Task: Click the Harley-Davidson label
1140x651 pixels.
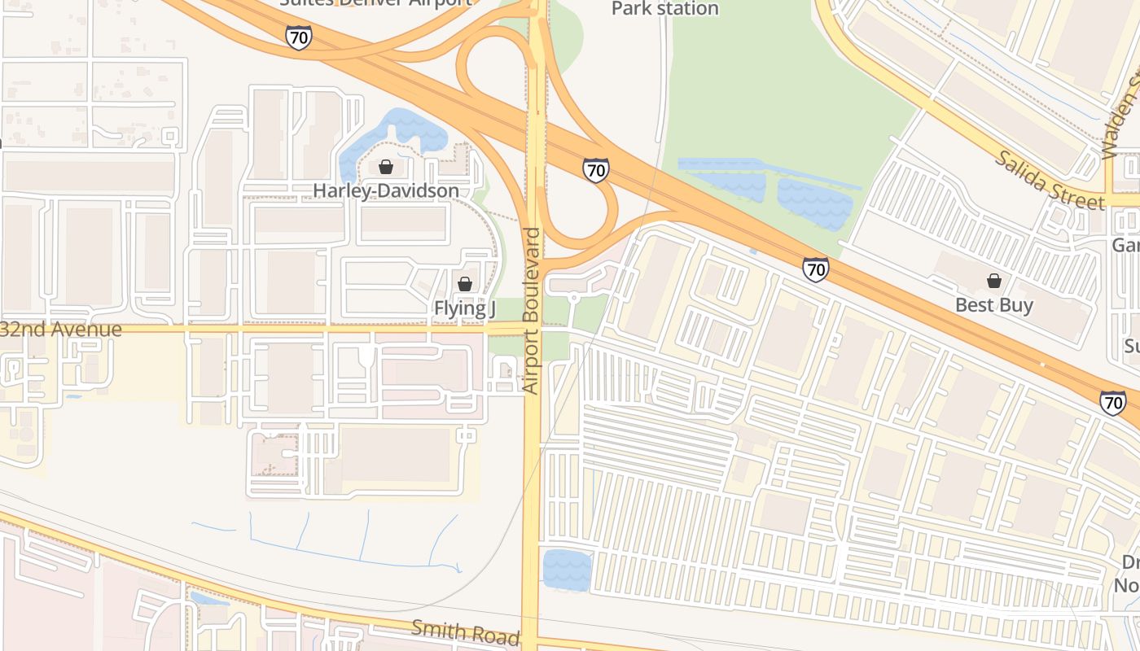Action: pos(386,190)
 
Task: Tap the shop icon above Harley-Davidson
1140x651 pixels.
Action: pos(386,167)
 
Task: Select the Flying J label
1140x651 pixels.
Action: pos(464,308)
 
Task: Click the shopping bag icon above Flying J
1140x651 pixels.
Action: pos(464,284)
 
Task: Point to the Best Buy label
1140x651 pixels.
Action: pos(993,305)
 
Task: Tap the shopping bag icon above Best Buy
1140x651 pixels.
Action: pos(993,282)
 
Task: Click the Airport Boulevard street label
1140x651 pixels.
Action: pos(531,311)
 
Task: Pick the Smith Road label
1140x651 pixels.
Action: pos(465,631)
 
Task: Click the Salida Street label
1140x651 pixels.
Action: pos(1048,179)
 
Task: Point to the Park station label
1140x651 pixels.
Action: pos(664,9)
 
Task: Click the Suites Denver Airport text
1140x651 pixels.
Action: pos(375,2)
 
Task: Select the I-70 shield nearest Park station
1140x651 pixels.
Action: pos(595,169)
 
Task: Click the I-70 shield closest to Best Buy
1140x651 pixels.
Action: pos(815,269)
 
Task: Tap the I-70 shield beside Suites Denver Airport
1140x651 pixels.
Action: pos(298,37)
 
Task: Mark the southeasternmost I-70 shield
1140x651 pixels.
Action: pos(1112,403)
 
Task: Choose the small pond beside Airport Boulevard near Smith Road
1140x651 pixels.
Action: pos(566,570)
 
